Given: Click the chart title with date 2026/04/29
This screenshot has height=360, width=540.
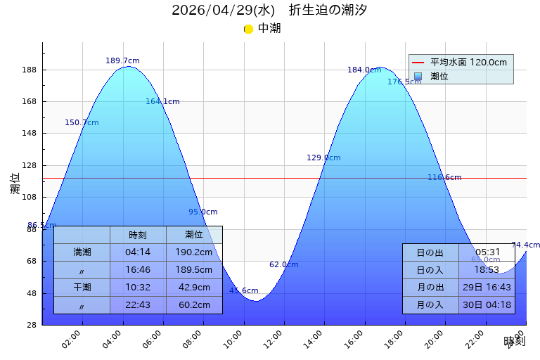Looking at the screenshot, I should [269, 11].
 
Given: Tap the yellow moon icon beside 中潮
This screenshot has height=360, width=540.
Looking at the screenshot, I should [248, 29].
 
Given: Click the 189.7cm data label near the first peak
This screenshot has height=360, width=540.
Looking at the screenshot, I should [122, 61].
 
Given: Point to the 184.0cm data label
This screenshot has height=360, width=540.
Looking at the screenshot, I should [364, 70].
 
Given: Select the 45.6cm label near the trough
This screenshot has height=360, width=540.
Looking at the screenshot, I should [243, 291].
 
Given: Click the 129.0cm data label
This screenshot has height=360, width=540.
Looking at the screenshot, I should [323, 158].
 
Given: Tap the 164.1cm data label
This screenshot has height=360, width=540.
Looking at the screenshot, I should [162, 102].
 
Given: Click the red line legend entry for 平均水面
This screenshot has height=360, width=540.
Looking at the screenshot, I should [418, 63].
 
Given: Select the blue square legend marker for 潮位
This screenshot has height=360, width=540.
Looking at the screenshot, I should [418, 77].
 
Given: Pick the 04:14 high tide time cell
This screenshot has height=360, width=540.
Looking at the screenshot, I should [138, 252].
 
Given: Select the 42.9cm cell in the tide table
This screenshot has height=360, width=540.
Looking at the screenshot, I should [194, 288].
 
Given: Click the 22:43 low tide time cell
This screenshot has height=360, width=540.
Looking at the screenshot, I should [138, 305].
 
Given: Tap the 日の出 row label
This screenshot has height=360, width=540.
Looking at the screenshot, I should [430, 252].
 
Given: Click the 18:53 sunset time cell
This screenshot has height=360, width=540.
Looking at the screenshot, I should [487, 270].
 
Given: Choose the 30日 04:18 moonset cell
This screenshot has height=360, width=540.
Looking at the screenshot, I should [487, 305].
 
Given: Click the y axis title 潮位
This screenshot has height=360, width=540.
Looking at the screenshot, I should [15, 184].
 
